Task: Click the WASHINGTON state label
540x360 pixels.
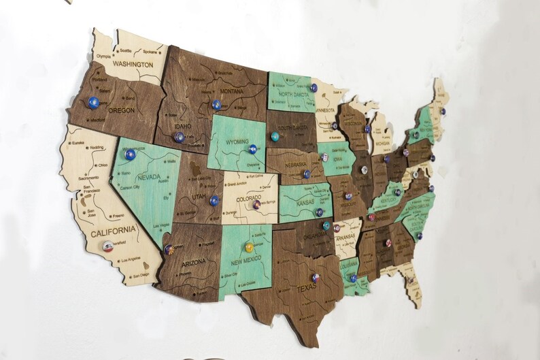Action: tap(132, 64)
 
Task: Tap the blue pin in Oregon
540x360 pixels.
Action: tap(93, 103)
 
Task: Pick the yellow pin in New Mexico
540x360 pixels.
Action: tap(249, 246)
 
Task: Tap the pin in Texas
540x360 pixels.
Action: tap(316, 278)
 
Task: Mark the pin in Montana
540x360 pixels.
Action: tap(216, 105)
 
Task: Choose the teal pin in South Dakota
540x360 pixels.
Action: tap(275, 137)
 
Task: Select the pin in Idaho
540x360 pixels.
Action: tap(179, 137)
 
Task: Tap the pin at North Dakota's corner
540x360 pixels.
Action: tap(314, 88)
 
